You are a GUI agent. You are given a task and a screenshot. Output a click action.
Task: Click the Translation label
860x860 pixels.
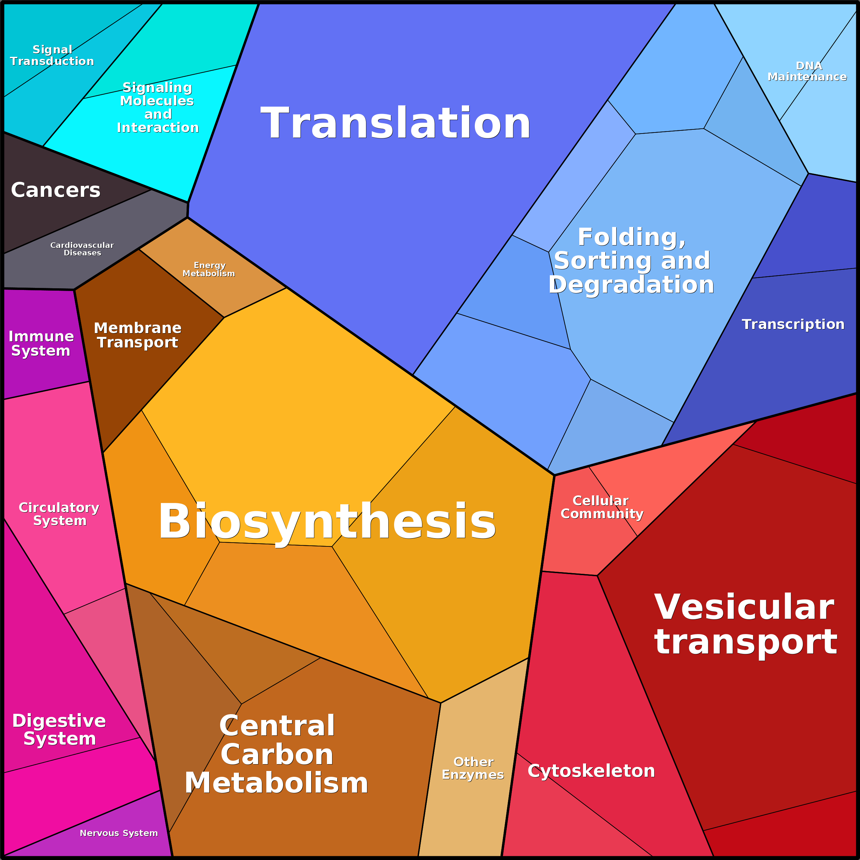[x=395, y=123]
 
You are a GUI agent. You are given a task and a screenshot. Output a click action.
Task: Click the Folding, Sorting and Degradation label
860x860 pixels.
[x=631, y=261]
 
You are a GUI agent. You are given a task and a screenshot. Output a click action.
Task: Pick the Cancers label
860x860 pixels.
[x=56, y=190]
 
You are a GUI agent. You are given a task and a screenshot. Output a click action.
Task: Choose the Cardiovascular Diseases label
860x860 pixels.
[x=83, y=249]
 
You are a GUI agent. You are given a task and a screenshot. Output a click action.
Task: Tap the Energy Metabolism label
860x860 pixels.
[x=209, y=269]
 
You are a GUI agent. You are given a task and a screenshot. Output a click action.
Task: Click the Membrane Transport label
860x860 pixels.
[x=138, y=335]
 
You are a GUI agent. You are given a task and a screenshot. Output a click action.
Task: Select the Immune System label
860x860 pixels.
[x=41, y=343]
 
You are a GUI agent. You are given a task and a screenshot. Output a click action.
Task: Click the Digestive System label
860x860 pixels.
[x=59, y=729]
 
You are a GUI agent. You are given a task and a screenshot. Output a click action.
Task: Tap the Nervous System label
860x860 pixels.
[x=119, y=833]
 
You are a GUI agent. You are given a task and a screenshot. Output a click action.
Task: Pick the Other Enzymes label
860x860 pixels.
[x=473, y=768]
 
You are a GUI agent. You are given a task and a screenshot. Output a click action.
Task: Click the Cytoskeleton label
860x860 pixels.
[x=591, y=771]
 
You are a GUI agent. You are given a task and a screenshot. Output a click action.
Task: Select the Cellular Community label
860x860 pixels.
[x=602, y=507]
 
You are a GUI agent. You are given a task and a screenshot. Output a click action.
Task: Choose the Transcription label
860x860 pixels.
[x=793, y=324]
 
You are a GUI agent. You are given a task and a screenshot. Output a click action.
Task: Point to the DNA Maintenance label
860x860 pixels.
[x=807, y=71]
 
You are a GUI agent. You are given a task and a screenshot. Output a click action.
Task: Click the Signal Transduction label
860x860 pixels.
[x=52, y=55]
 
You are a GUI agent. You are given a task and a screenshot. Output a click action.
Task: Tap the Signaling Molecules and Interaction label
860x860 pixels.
[x=157, y=107]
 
